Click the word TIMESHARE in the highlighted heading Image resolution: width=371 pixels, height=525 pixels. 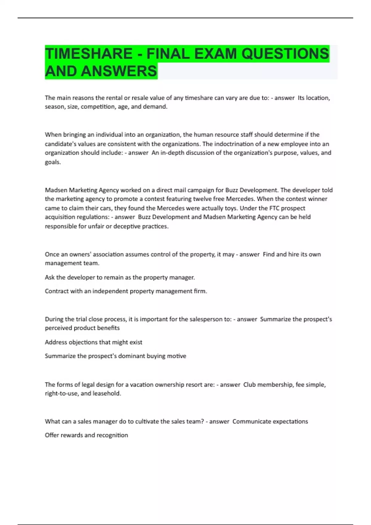(89, 54)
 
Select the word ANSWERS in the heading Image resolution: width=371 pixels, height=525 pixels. (119, 71)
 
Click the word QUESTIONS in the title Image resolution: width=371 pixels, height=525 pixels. (285, 54)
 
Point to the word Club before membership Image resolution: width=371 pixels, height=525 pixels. (249, 385)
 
